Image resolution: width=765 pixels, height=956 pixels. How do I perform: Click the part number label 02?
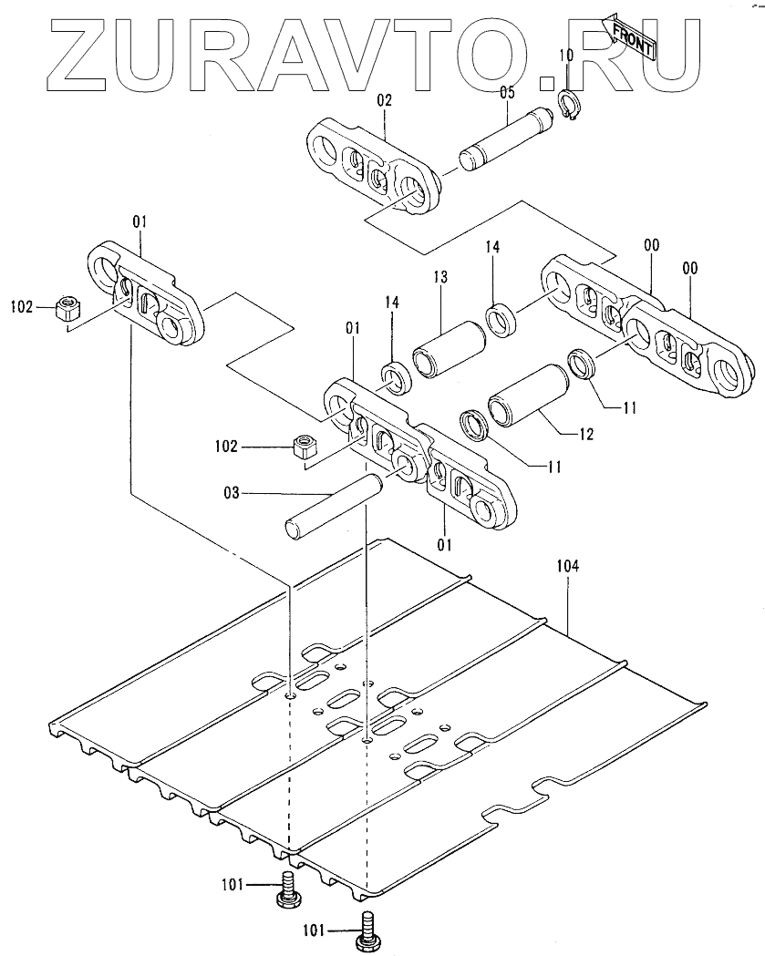[383, 101]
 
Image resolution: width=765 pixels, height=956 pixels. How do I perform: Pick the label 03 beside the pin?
[232, 493]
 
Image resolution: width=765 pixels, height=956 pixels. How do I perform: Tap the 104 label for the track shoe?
[567, 566]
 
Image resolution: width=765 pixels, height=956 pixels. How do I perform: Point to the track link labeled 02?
[374, 169]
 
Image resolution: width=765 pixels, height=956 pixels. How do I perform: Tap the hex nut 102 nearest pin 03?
[303, 447]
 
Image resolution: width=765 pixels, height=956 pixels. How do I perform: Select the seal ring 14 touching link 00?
[501, 320]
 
